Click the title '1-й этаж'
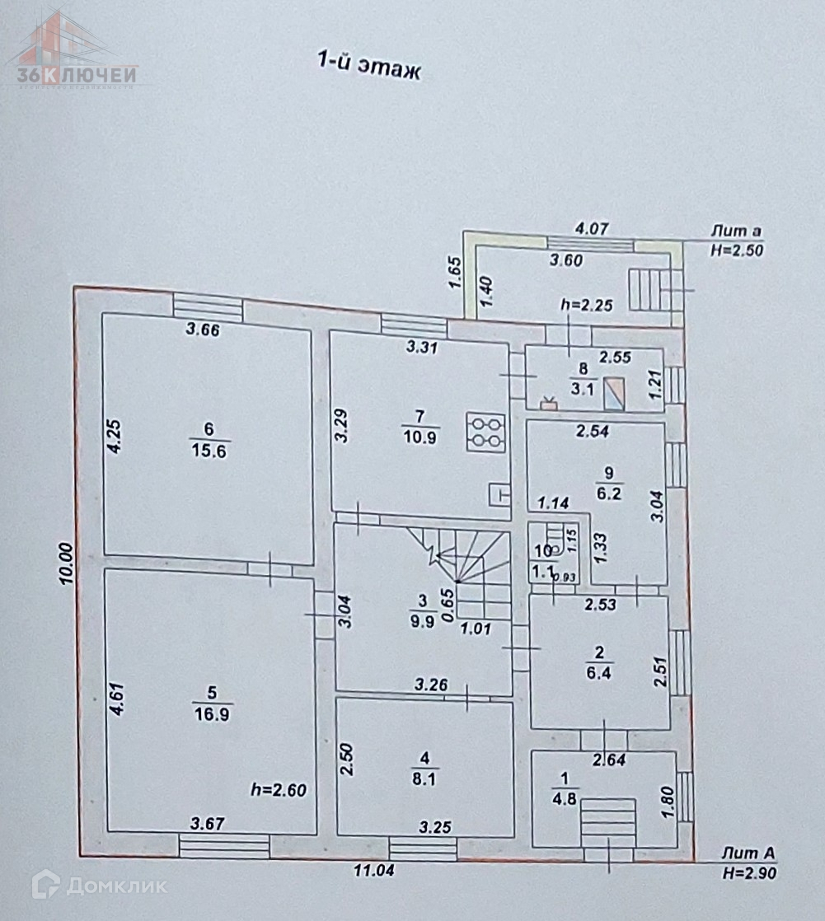point(368,66)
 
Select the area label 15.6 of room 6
point(208,451)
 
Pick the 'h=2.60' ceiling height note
point(278,790)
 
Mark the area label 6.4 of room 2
point(599,672)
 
